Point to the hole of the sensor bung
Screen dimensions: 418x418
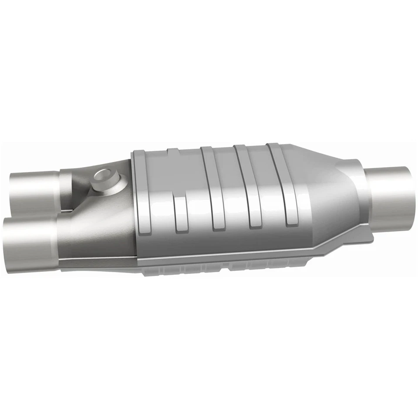[x=104, y=176]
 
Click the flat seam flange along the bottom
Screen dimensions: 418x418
[x=244, y=260]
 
